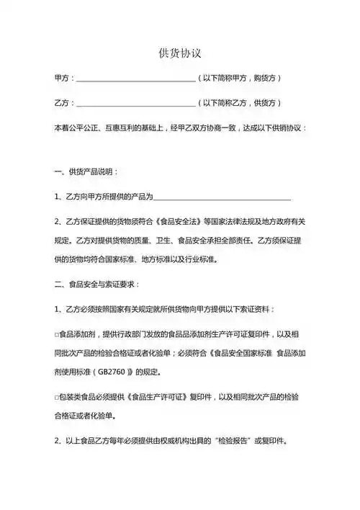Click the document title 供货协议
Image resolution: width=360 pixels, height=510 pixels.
click(179, 53)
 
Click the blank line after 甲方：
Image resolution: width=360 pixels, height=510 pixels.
click(135, 79)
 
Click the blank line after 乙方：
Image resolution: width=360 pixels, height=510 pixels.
click(135, 103)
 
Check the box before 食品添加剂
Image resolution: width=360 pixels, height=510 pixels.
click(56, 334)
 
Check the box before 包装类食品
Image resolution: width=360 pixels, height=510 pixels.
click(56, 397)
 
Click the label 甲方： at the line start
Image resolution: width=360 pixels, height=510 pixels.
click(64, 78)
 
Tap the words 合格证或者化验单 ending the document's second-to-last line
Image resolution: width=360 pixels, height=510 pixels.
click(83, 416)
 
